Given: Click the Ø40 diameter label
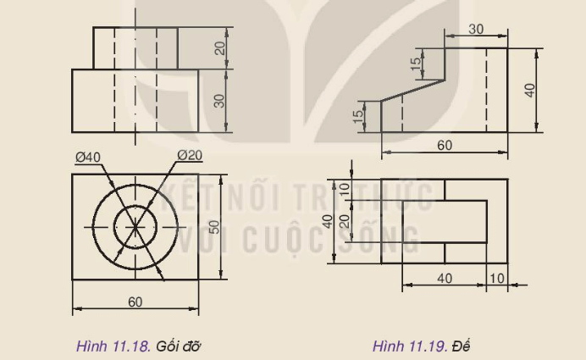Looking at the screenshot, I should click(86, 156).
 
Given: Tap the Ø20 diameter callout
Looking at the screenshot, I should click(190, 154).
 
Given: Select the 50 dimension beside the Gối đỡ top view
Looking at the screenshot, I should click(214, 226).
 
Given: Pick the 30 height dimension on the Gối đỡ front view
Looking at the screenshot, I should click(220, 100).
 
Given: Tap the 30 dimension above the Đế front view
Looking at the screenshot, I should click(476, 29).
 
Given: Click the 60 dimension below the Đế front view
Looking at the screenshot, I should click(445, 145).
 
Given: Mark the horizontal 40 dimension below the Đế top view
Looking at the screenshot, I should click(444, 278).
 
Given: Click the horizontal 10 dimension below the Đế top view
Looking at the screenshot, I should click(497, 278).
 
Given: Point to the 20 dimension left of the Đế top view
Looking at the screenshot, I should click(344, 221).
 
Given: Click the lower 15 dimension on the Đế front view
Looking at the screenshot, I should click(358, 112).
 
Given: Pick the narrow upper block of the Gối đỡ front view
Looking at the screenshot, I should click(135, 48).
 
